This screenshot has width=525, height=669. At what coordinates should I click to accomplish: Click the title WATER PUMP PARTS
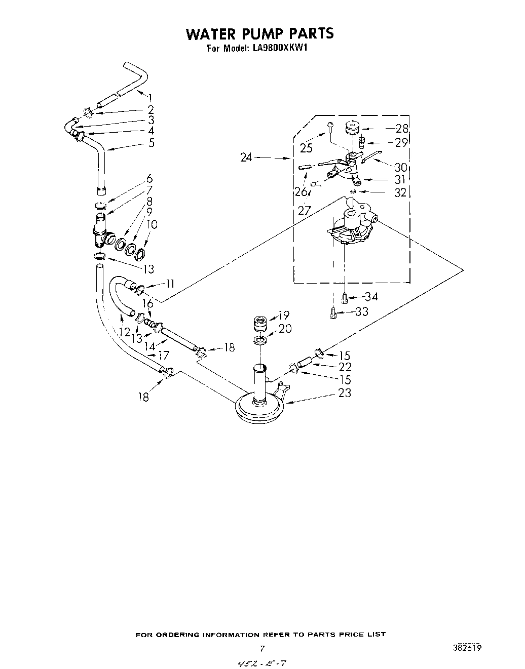click(260, 33)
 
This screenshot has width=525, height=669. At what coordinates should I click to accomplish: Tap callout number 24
click(246, 158)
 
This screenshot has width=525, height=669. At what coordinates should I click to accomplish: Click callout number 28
click(402, 129)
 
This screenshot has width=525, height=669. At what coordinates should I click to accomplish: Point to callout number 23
click(344, 392)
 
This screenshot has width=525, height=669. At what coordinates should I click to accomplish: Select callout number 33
click(361, 311)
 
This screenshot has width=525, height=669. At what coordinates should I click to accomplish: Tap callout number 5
click(151, 143)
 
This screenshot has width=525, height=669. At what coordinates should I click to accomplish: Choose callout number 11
click(170, 284)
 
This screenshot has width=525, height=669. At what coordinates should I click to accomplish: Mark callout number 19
click(283, 316)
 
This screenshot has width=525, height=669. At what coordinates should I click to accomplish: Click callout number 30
click(401, 167)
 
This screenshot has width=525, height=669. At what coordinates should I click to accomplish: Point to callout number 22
click(345, 367)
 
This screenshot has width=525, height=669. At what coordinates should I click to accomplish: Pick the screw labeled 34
click(345, 299)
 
